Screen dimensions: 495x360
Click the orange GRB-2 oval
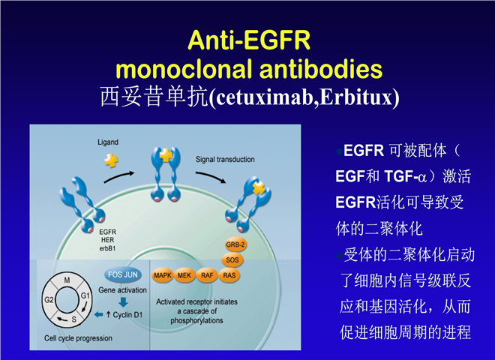pos(235,244)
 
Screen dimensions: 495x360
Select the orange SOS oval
pos(232,260)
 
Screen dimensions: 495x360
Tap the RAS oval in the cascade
pos(229,275)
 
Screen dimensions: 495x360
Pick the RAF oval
pos(207,275)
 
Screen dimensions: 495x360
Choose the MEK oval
pos(184,275)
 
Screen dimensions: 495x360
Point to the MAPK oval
pos(162,275)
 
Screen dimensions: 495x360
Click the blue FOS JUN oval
pos(123,274)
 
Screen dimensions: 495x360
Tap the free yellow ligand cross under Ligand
pos(111,160)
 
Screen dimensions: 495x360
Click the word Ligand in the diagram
pos(108,142)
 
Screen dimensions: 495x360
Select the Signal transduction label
pos(225,160)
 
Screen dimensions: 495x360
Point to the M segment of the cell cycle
pos(67,280)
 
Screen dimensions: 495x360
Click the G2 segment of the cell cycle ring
pos(49,299)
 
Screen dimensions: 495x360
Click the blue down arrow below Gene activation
pos(123,302)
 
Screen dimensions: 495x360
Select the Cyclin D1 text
pos(124,315)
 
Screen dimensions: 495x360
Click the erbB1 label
pos(108,248)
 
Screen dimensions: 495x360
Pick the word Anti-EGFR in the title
pos(249,40)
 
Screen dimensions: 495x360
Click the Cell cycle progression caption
pos(78,338)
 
